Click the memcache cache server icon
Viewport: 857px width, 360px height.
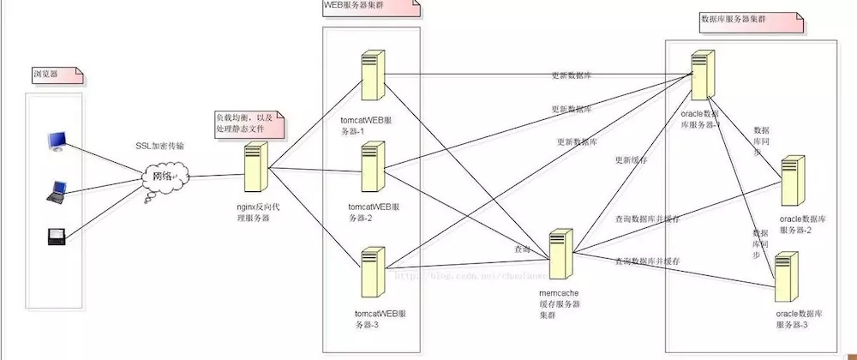(x=560, y=253)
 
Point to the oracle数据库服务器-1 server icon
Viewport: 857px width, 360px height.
(x=703, y=75)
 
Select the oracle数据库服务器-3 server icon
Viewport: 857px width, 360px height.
(x=787, y=277)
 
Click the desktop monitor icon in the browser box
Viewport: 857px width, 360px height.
(x=57, y=141)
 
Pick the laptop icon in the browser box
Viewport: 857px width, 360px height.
(x=57, y=192)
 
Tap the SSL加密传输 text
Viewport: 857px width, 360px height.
(x=159, y=146)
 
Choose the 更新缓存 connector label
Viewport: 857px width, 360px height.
(x=631, y=160)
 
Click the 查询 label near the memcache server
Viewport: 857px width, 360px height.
(x=522, y=248)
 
